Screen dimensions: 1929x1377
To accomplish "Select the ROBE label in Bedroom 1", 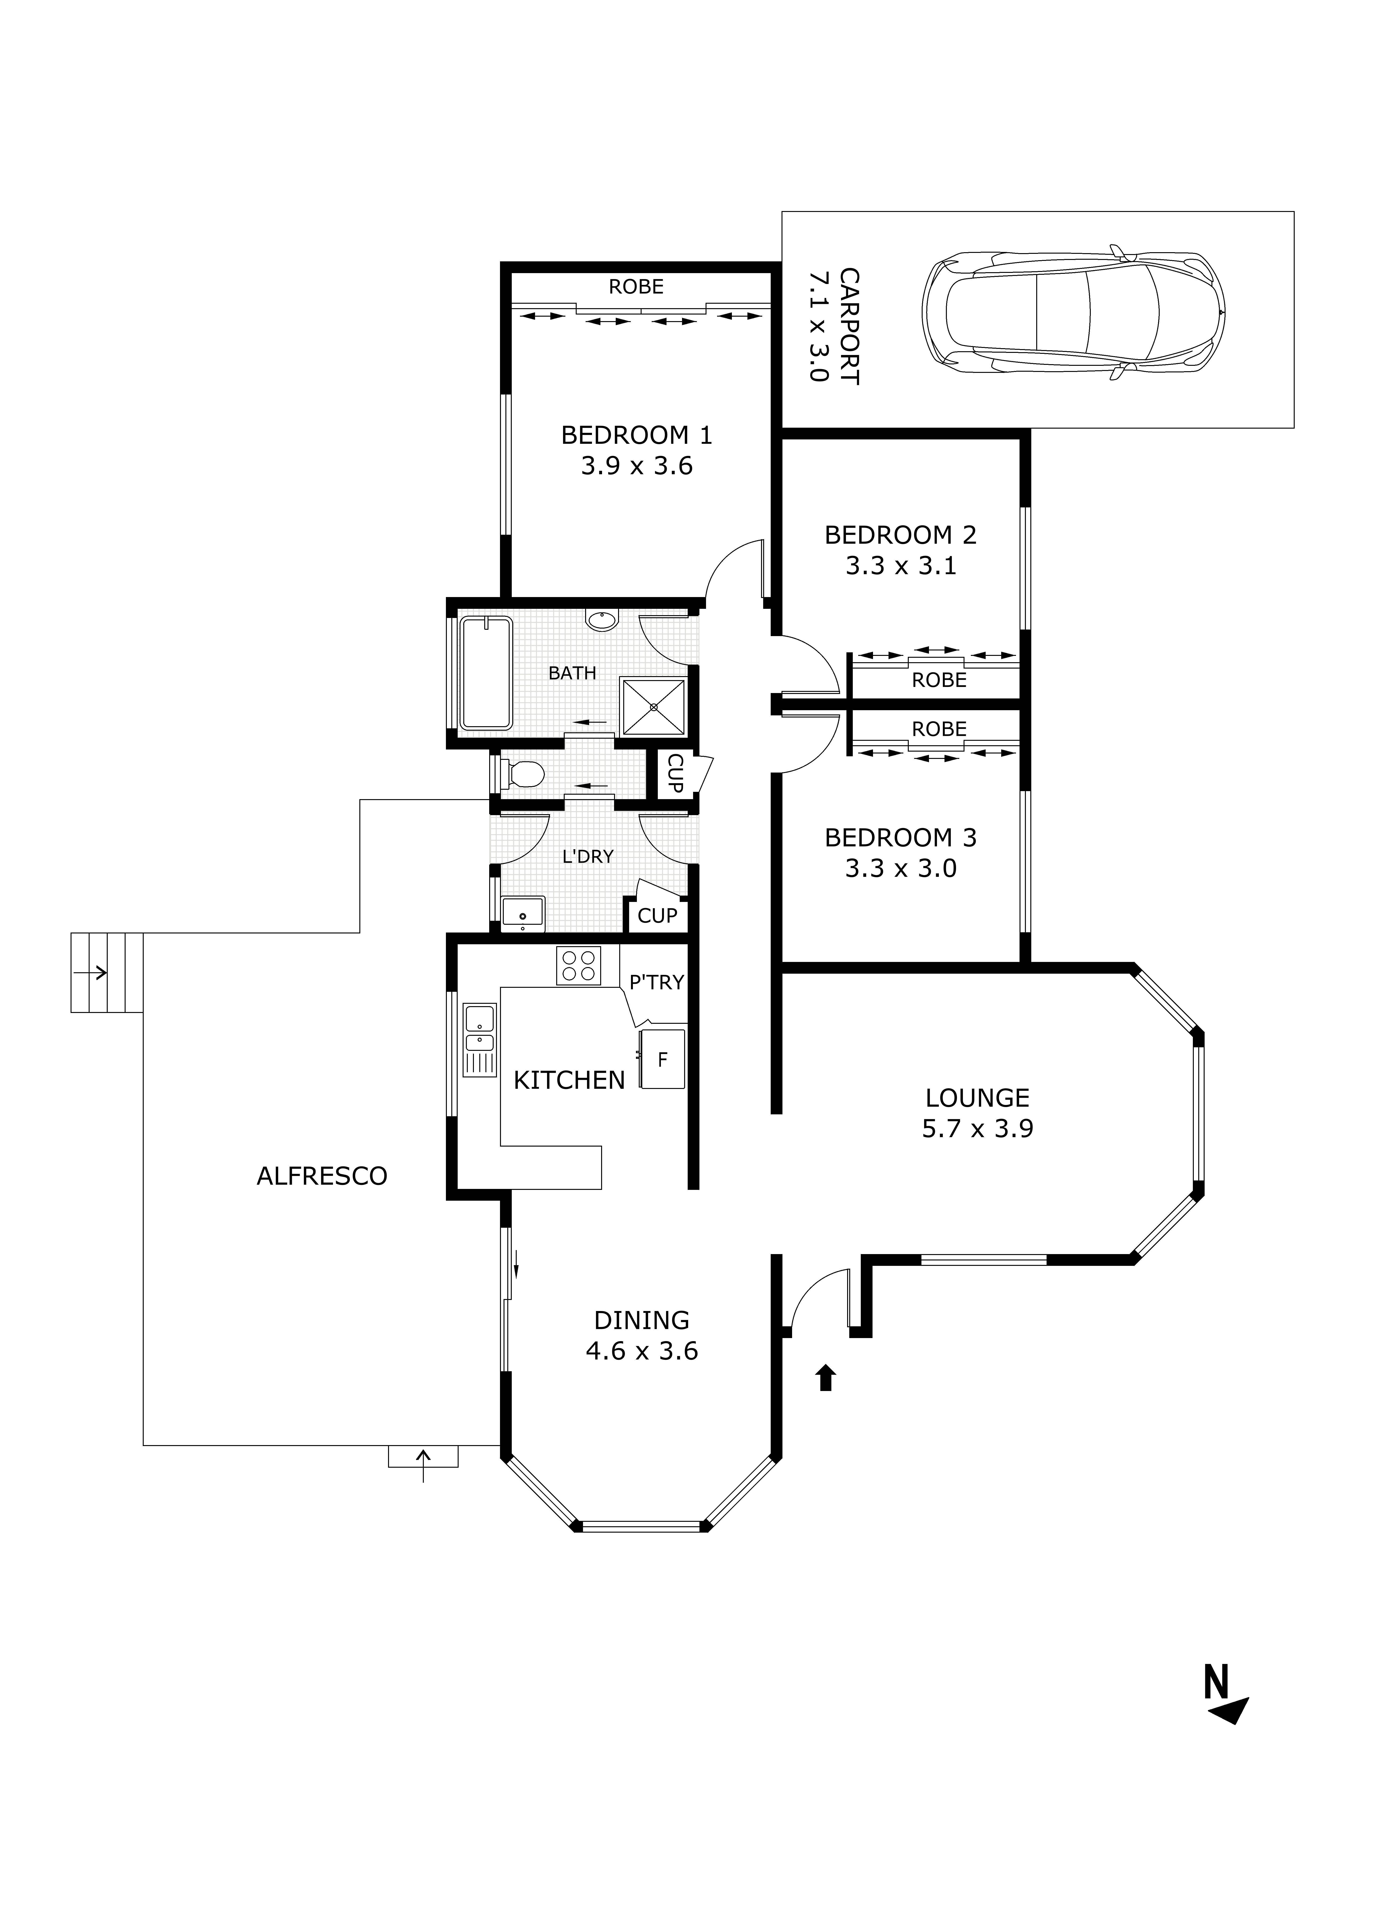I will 636,287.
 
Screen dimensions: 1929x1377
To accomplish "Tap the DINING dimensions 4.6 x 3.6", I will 642,1351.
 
